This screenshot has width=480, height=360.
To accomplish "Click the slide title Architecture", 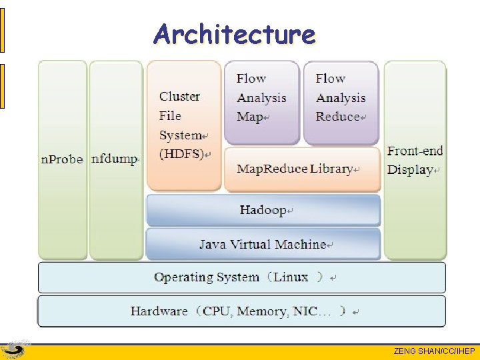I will point(234,34).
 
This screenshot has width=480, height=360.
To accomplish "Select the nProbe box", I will point(63,160).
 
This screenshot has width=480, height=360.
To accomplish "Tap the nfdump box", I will point(116,160).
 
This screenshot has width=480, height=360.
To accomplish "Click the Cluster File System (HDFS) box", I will point(184,125).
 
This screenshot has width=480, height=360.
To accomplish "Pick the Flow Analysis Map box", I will point(261,102).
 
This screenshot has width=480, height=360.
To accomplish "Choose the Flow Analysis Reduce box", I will point(341,102).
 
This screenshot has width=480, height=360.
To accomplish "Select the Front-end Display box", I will point(415,160).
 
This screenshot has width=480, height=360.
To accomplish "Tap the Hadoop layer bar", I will point(263,211).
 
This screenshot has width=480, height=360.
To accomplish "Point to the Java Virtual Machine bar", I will point(263,245).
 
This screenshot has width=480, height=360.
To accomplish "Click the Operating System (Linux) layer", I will point(241,277).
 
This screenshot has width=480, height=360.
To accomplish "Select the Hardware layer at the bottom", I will point(241,311).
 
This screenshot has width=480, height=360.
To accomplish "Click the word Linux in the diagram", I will point(291,277).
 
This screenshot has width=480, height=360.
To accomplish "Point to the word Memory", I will point(261,311).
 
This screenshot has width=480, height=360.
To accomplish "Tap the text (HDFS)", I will point(183,154).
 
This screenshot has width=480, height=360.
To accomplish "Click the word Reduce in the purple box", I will point(338,117).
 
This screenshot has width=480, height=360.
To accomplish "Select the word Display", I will point(411,170).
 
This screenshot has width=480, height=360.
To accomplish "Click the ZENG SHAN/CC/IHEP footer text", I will point(434,351).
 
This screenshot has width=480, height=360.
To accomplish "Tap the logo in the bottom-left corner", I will point(15,350).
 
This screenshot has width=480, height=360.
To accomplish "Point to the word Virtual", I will point(255,245).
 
